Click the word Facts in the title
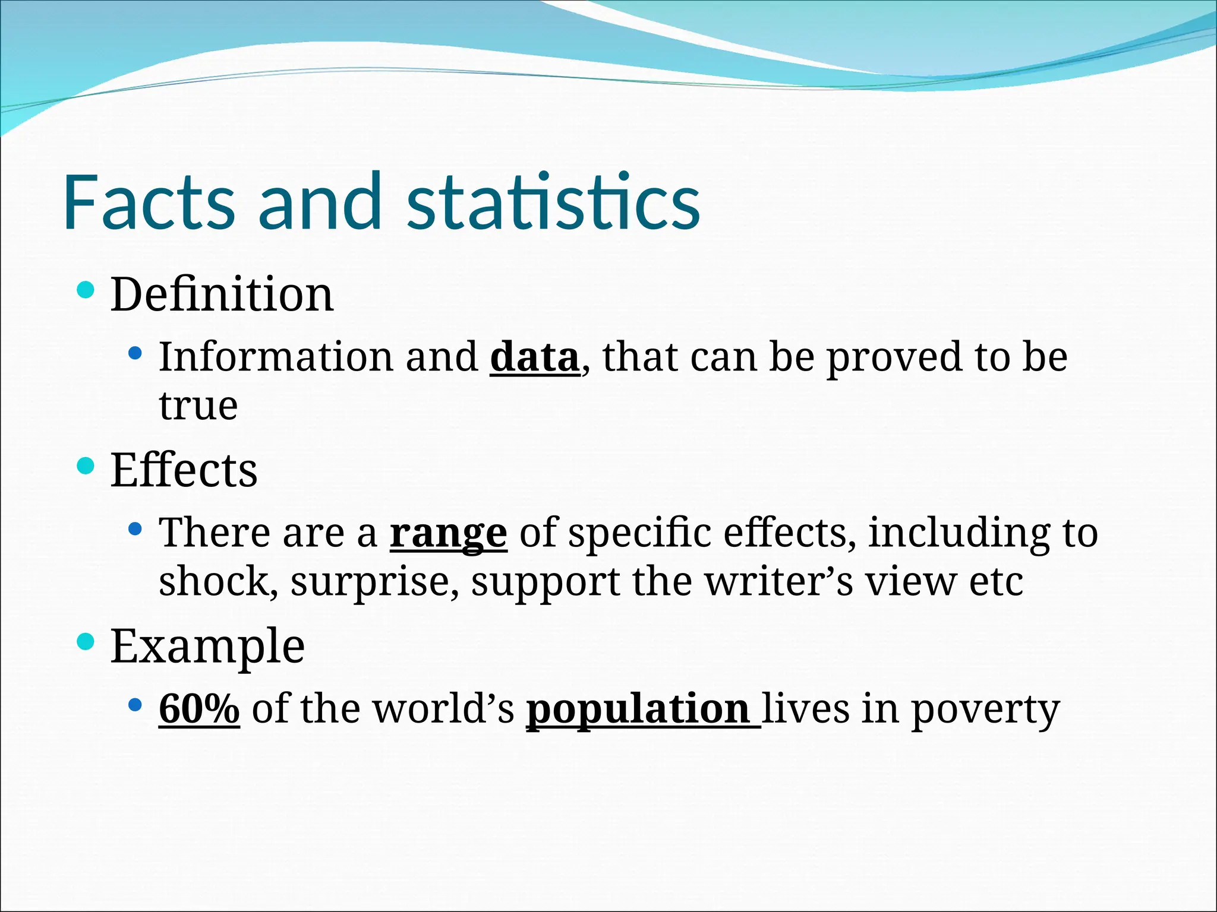(149, 202)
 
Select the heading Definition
(222, 294)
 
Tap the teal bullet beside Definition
(86, 290)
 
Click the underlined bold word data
(534, 357)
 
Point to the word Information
(276, 357)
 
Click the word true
(198, 406)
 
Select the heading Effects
(184, 470)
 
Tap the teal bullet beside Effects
(86, 465)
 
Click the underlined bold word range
(448, 533)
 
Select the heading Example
(207, 647)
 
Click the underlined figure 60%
(199, 709)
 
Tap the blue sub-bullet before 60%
(135, 705)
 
